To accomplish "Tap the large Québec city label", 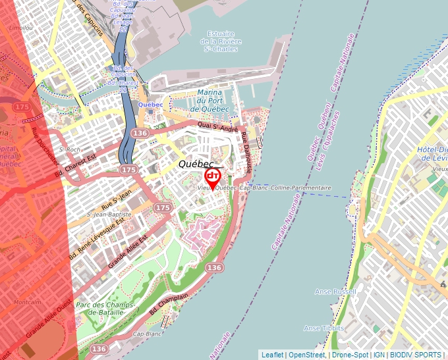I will tap(196, 164).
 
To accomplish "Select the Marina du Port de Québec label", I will tap(210, 101).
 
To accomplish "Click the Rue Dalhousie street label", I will tap(246, 153).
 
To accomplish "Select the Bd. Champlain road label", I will tap(173, 305).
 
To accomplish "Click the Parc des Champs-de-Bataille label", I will tap(105, 309).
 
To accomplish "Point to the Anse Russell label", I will tap(335, 292).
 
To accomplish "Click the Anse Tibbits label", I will tap(323, 328).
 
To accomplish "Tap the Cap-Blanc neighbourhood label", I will tap(147, 334).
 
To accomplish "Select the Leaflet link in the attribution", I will tap(272, 355).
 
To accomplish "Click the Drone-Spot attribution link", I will tap(350, 355).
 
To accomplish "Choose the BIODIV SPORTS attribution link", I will tap(416, 355).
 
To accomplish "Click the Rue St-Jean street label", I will tap(118, 197).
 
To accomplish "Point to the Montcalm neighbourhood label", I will tap(27, 302).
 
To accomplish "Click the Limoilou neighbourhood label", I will tap(20, 28).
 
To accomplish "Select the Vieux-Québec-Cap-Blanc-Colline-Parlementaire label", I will tap(264, 188).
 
